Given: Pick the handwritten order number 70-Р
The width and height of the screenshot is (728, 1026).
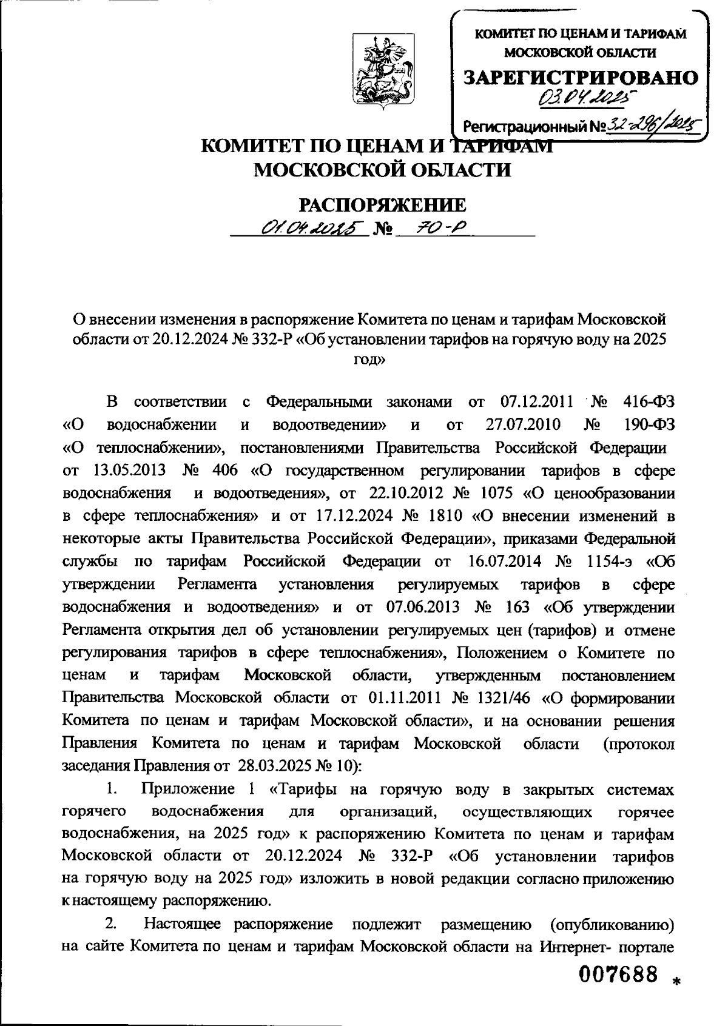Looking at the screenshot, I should click(437, 229).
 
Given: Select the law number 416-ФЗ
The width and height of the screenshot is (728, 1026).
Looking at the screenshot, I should click(649, 402).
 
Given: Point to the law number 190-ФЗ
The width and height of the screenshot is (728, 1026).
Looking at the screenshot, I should click(649, 425).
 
